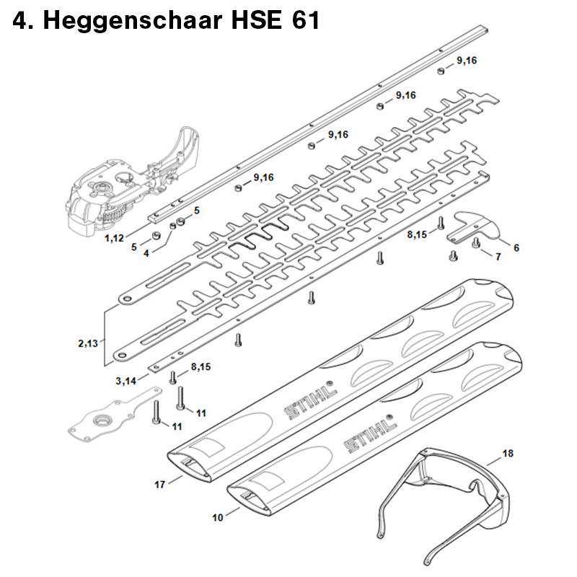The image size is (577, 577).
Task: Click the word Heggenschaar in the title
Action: (133, 20)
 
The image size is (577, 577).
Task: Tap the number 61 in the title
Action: (305, 20)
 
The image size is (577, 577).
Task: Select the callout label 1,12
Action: (114, 238)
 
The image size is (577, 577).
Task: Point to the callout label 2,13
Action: (88, 343)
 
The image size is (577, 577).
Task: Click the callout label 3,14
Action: (125, 381)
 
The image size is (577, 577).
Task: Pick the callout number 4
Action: (146, 253)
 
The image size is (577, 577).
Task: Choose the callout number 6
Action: (516, 248)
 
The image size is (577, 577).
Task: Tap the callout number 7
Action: (498, 257)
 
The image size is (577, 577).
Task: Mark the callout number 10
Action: (218, 517)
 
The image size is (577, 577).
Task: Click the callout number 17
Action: (159, 485)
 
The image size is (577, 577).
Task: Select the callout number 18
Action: (508, 453)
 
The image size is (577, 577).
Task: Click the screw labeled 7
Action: (477, 243)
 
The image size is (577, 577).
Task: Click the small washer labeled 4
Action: (172, 226)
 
